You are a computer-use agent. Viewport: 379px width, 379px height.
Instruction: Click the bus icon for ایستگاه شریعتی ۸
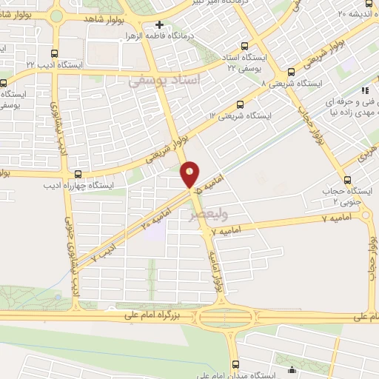click(x=291, y=73)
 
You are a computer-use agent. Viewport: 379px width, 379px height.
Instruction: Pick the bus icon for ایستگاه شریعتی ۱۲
click(x=239, y=104)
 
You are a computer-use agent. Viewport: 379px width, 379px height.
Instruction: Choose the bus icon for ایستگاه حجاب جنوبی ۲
click(x=346, y=180)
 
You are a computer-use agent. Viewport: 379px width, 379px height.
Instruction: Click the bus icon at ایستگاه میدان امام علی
click(x=235, y=363)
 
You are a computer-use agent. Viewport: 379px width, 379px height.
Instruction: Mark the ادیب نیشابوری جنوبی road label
click(x=74, y=259)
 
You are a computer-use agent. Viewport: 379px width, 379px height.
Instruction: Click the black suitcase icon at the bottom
click(x=291, y=369)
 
